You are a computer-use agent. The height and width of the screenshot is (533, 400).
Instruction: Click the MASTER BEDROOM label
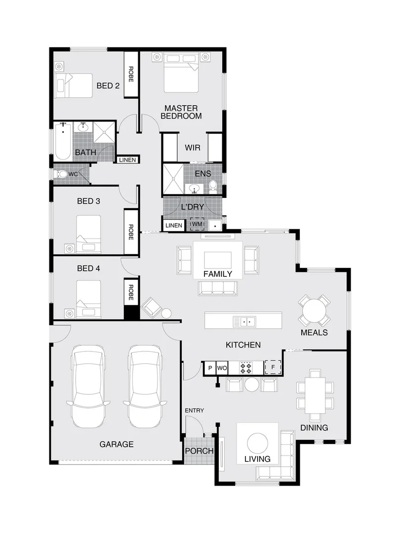[183, 112]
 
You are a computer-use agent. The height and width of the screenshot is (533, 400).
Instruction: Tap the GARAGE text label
[117, 444]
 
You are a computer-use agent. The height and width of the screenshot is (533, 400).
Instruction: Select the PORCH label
[199, 451]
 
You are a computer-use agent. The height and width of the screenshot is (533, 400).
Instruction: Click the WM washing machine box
[197, 225]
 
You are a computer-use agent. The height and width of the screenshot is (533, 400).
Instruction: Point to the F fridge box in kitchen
[273, 368]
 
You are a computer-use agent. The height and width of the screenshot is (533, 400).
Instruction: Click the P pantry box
[210, 368]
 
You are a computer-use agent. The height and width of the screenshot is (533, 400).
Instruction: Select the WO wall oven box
[222, 368]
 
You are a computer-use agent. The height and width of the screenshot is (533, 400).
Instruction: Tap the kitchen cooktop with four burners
[246, 368]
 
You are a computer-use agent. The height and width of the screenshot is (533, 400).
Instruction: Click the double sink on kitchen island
[244, 322]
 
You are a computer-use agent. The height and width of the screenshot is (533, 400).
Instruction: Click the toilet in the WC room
[62, 174]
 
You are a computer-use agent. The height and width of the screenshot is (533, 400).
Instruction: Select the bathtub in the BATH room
[63, 142]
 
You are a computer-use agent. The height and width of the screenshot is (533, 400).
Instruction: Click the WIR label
[192, 148]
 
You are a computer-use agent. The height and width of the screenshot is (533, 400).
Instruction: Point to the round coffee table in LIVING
[257, 443]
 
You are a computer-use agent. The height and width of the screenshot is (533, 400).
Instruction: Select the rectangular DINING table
[315, 395]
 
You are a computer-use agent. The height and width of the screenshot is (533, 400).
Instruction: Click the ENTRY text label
[194, 411]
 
